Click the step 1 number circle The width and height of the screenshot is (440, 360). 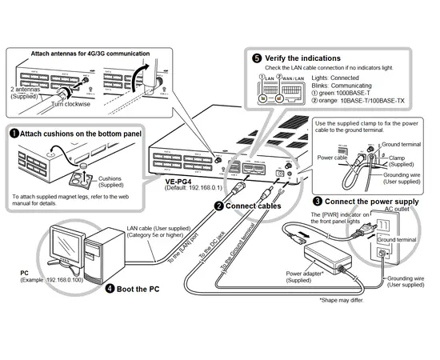point(14,133)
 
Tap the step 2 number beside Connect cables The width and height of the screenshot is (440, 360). point(218,206)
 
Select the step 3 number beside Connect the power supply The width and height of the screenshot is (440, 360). point(318,201)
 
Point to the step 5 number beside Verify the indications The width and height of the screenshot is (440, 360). point(256,58)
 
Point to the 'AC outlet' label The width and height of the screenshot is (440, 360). point(396,210)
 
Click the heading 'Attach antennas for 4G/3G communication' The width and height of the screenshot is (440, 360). point(90,54)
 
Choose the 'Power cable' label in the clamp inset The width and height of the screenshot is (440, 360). point(330,158)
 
